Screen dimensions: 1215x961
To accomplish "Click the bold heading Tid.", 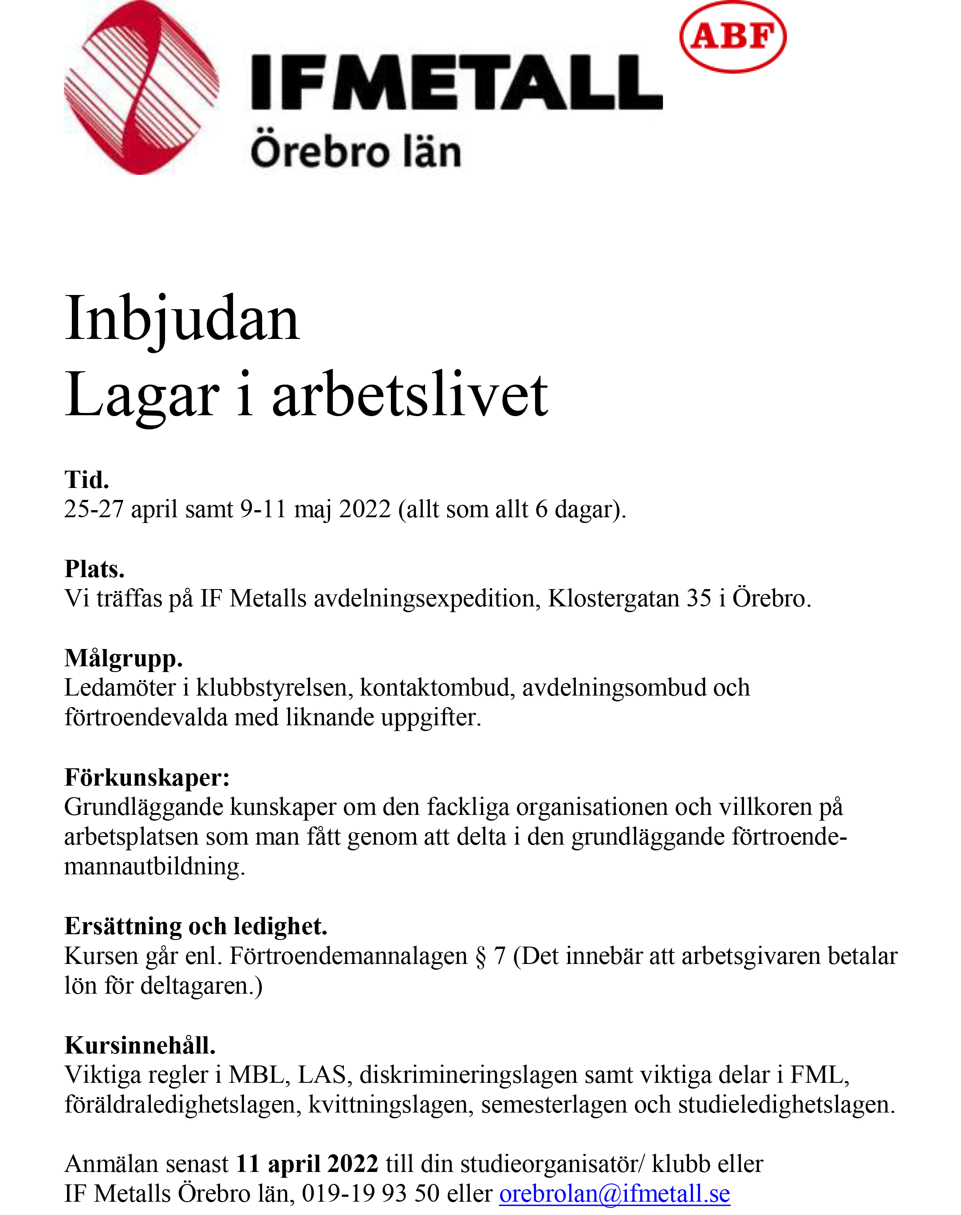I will [87, 480].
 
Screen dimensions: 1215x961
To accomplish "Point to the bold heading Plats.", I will [95, 569].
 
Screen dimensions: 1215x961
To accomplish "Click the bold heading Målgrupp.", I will [123, 658].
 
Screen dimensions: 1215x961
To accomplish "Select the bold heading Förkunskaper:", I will [147, 777].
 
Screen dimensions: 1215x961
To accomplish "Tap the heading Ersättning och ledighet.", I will [196, 926].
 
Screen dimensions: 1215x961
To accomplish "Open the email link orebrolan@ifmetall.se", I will [614, 1194].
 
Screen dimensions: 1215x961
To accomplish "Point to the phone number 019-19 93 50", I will [370, 1194].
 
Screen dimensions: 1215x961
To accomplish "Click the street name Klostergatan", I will [614, 598].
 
